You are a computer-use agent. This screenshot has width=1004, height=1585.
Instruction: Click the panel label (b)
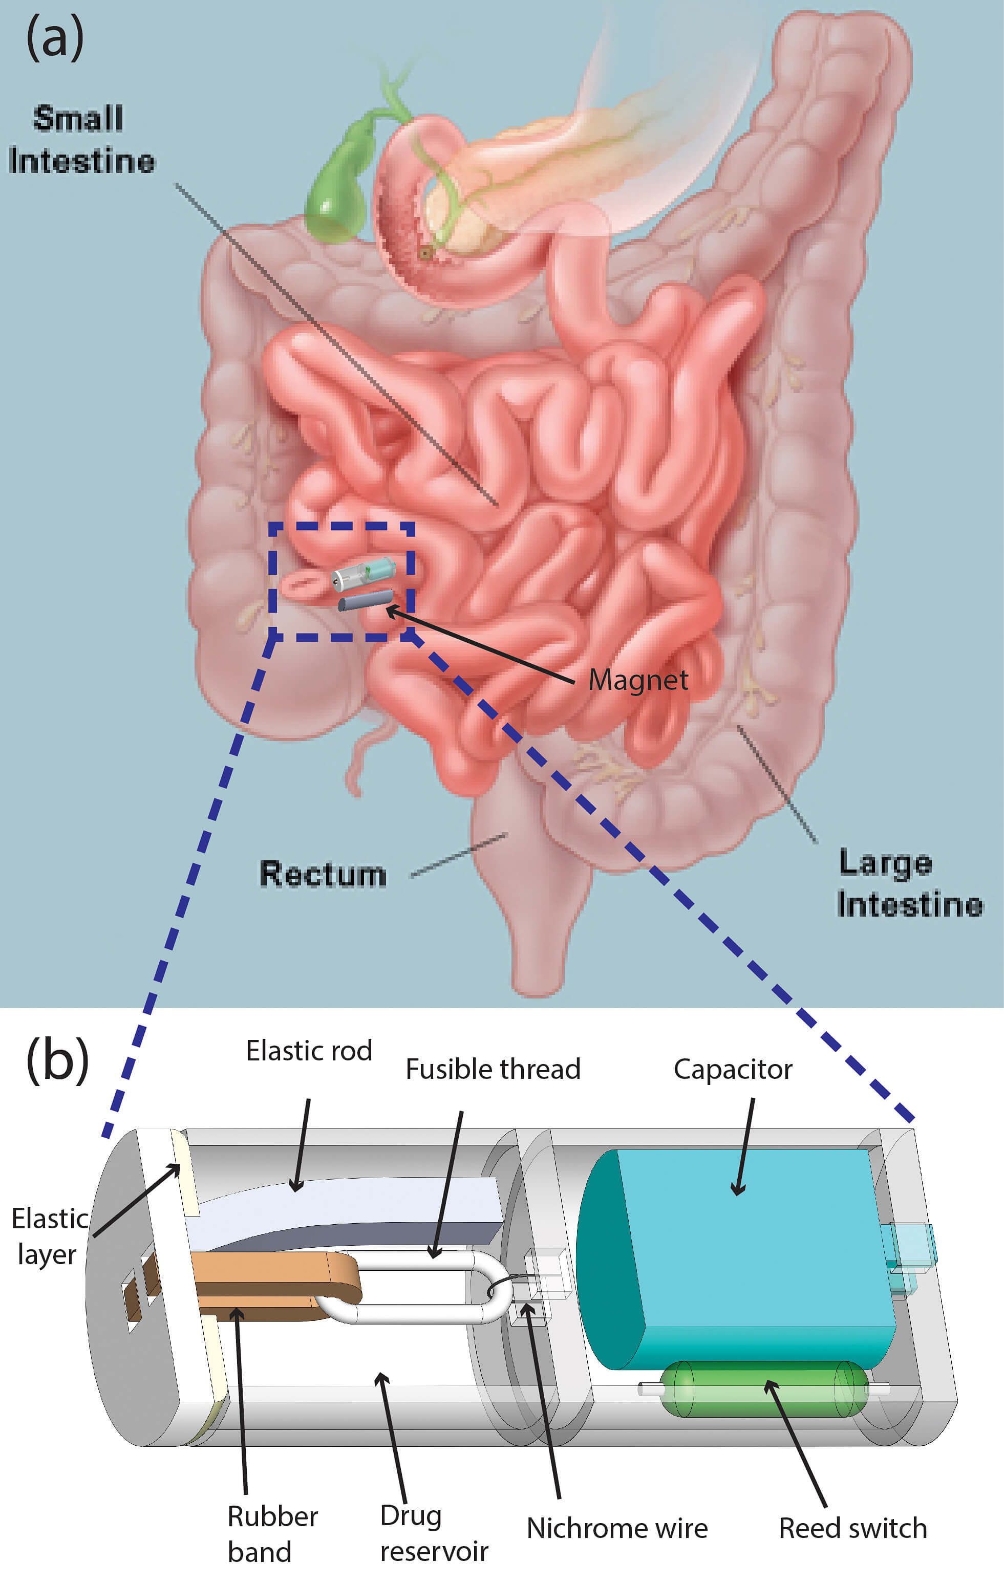click(x=57, y=1060)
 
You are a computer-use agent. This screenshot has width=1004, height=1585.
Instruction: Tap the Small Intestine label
click(x=80, y=140)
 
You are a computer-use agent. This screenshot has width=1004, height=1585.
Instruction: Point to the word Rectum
click(x=323, y=874)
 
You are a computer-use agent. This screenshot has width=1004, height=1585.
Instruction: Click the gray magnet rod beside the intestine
click(x=366, y=600)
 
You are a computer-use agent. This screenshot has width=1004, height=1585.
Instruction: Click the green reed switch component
click(x=764, y=1389)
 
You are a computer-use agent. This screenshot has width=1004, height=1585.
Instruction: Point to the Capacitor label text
click(x=732, y=1069)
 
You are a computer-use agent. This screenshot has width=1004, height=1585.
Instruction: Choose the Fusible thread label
click(x=493, y=1069)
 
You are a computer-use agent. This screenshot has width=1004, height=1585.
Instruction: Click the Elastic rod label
click(x=309, y=1051)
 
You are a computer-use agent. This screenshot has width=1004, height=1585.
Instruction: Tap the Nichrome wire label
click(x=617, y=1528)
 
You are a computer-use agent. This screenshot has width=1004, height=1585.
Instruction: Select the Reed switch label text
click(x=852, y=1528)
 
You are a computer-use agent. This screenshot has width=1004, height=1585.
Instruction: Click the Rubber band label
click(x=272, y=1534)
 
